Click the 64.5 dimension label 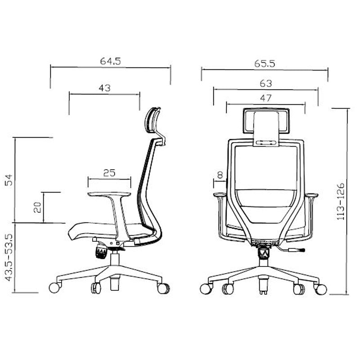pos(110,61)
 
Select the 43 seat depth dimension pos(104,88)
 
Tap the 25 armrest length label pos(109,173)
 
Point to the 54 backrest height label pos(9,180)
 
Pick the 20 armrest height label pos(37,207)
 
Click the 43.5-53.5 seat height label pos(9,257)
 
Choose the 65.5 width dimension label pos(265,63)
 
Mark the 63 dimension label pos(266,84)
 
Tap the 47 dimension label pos(266,98)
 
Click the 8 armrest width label pos(220,175)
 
